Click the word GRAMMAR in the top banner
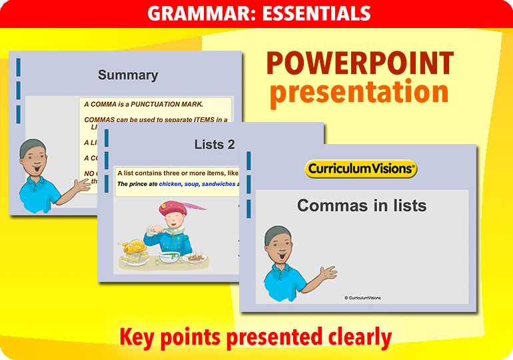click(186, 13)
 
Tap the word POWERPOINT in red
click(360, 64)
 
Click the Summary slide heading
click(128, 75)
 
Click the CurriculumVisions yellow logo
click(361, 169)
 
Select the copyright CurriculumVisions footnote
click(362, 298)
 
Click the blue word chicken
click(169, 184)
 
